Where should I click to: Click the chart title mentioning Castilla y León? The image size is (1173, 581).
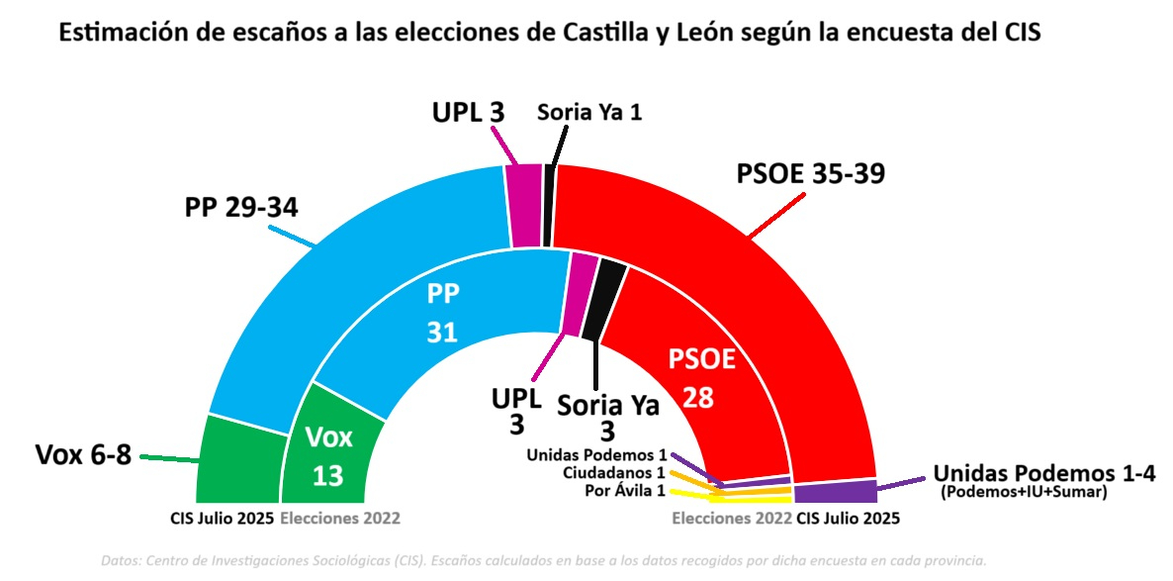(550, 32)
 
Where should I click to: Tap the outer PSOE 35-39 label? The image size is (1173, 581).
(810, 174)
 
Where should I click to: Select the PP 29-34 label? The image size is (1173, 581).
(241, 209)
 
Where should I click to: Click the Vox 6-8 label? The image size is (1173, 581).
(83, 455)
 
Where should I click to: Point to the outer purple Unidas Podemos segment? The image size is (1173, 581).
(834, 491)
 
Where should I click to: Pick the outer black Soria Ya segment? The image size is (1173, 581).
(548, 206)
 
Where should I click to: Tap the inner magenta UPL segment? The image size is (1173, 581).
(579, 294)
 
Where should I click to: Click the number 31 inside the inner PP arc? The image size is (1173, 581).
(442, 333)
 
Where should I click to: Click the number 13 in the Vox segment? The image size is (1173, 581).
(327, 476)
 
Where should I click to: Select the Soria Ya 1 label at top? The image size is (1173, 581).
(589, 112)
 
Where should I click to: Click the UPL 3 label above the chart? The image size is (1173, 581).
(468, 112)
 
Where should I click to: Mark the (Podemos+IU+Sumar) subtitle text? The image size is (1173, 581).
(1023, 491)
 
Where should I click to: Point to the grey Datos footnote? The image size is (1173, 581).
(544, 560)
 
